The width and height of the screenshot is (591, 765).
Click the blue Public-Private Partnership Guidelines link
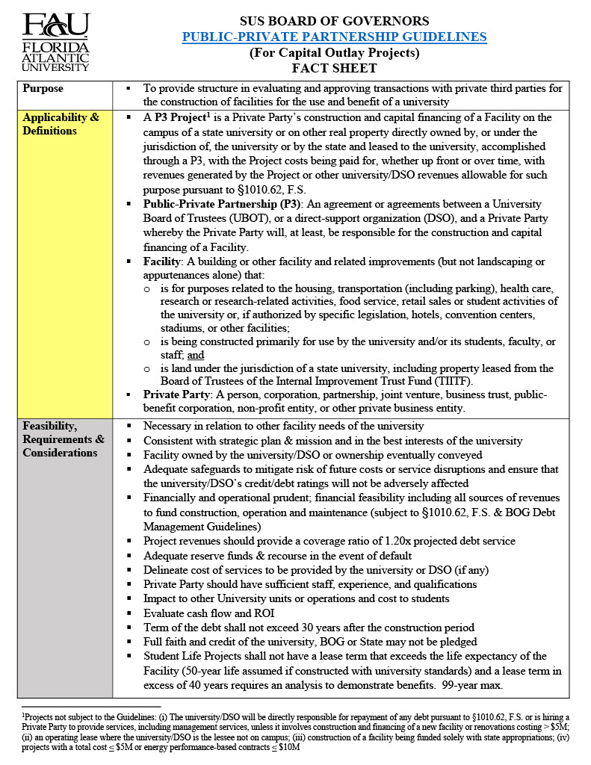pos(334,37)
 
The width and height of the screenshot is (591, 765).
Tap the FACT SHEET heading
pos(334,69)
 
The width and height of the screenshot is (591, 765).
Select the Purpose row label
pos(43,88)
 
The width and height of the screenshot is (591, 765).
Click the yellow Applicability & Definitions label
pos(61,124)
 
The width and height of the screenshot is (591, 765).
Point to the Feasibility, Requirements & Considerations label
pos(64,439)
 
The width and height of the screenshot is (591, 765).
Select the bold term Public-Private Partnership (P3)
pos(218,204)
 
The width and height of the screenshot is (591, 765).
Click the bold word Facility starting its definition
pos(163,261)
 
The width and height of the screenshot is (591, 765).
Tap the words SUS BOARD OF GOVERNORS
pos(334,21)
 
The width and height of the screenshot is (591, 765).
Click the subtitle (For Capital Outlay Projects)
pos(334,53)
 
